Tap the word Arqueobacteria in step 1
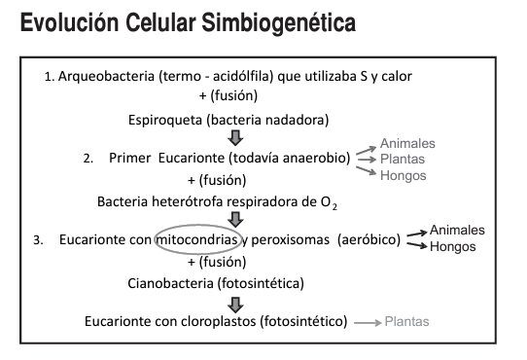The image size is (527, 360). click(x=106, y=76)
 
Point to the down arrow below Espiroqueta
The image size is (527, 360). click(x=220, y=138)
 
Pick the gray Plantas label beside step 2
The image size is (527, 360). click(x=403, y=159)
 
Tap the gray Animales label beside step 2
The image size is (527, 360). click(x=406, y=143)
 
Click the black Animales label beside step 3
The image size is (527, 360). click(x=456, y=231)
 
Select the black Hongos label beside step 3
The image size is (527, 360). click(x=452, y=247)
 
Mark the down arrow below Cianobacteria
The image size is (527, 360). click(x=221, y=302)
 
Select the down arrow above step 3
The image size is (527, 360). click(x=221, y=220)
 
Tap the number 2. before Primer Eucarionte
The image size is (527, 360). click(x=88, y=158)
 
